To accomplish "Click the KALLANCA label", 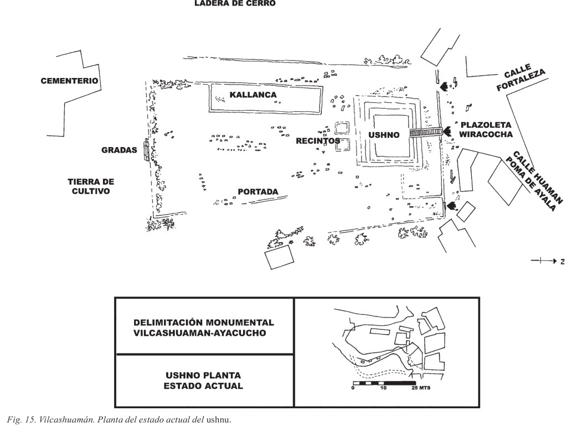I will (253, 95).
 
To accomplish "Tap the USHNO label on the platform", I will (384, 135).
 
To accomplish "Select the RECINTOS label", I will (317, 141).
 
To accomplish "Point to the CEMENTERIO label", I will (70, 81).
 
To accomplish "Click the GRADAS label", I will (119, 150).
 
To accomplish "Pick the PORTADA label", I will (257, 192).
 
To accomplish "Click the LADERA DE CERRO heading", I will (234, 3).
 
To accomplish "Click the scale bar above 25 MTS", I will (384, 383).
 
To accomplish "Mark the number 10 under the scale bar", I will (383, 388).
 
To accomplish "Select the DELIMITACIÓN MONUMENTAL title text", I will (204, 327).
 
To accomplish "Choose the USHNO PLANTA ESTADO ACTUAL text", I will (203, 381).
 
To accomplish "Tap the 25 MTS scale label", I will (420, 388).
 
